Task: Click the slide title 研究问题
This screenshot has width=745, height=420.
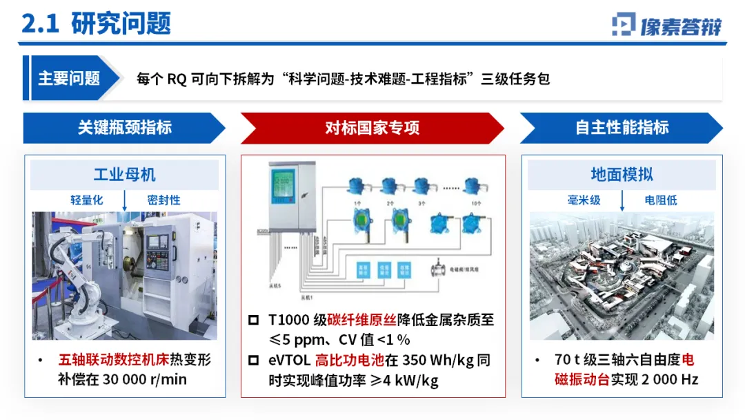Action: [x=120, y=23]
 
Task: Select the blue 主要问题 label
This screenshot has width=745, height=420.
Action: [x=68, y=78]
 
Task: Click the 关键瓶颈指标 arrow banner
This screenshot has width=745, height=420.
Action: [x=124, y=128]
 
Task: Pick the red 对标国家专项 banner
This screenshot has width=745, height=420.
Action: [x=372, y=128]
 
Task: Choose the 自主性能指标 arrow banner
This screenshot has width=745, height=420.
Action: [x=622, y=128]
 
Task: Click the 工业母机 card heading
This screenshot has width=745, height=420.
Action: [x=125, y=174]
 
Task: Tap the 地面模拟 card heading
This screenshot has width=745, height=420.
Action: [x=622, y=174]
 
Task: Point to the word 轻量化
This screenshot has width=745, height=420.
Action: [x=86, y=200]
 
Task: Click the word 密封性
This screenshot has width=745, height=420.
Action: [x=163, y=200]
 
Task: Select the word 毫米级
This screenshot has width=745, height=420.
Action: [x=584, y=200]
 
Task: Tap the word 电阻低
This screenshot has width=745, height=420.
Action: [x=661, y=200]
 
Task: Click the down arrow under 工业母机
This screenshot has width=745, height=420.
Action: [x=125, y=200]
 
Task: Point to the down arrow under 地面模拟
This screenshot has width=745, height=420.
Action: [x=622, y=200]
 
